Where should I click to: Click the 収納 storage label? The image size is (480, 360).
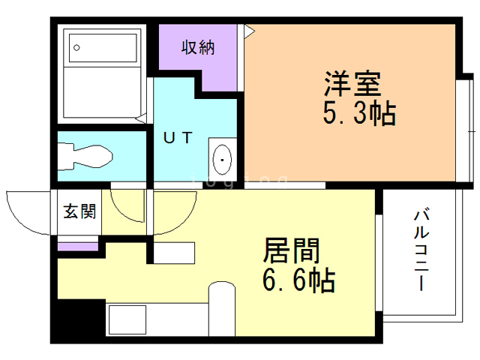pyautogui.click(x=198, y=47)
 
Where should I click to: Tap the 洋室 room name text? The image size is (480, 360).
pyautogui.click(x=352, y=84)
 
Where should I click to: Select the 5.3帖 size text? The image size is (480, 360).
pyautogui.click(x=359, y=113)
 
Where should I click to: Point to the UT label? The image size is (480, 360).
pyautogui.click(x=178, y=137)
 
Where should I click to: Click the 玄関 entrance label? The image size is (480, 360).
pyautogui.click(x=79, y=211)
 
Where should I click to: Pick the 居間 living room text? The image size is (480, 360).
pyautogui.click(x=291, y=250)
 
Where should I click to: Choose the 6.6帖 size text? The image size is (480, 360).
pyautogui.click(x=298, y=280)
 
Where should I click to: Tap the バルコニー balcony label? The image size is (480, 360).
pyautogui.click(x=421, y=249)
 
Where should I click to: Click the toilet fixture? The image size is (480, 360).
pyautogui.click(x=85, y=156)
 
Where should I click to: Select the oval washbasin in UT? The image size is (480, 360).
pyautogui.click(x=222, y=160)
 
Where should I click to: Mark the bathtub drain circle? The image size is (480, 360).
pyautogui.click(x=76, y=47)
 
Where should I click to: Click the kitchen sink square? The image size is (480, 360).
pyautogui.click(x=127, y=319)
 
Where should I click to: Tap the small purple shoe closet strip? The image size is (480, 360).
pyautogui.click(x=78, y=247)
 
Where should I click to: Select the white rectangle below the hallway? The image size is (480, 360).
pyautogui.click(x=174, y=253)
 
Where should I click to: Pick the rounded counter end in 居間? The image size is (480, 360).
pyautogui.click(x=222, y=308)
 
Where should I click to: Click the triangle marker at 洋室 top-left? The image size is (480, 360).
pyautogui.click(x=250, y=31)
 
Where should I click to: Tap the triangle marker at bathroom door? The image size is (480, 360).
pyautogui.click(x=141, y=118)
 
